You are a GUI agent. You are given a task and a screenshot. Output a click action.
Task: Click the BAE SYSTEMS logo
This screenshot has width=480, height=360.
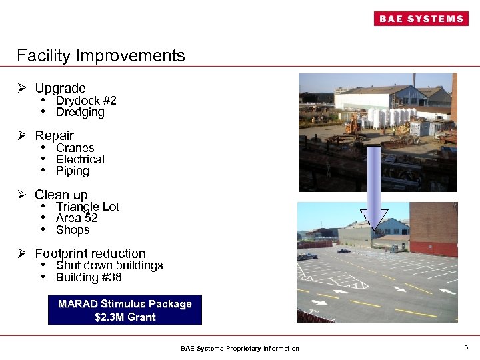click(x=421, y=19)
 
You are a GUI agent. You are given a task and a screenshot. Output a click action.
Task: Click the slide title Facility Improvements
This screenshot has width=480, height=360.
click(x=101, y=55)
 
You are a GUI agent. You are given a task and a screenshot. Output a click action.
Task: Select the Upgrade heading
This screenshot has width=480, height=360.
click(x=60, y=88)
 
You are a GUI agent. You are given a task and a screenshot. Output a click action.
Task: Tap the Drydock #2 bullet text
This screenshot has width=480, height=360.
click(x=86, y=101)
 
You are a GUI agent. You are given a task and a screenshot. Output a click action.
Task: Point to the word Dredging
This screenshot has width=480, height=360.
click(x=80, y=112)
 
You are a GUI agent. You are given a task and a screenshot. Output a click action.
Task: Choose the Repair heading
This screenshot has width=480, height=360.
click(x=54, y=135)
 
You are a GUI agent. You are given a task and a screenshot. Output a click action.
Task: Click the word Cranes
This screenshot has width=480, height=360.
click(x=75, y=148)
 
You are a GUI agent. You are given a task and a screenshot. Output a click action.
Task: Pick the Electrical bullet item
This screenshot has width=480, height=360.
click(x=80, y=159)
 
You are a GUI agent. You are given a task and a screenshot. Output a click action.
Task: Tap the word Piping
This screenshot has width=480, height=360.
click(x=72, y=171)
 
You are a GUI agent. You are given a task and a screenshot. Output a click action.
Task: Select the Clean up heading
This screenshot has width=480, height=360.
click(x=61, y=195)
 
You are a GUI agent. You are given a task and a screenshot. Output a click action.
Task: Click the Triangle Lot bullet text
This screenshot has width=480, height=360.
click(x=87, y=207)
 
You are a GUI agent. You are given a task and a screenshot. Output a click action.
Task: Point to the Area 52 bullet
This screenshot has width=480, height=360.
click(x=77, y=218)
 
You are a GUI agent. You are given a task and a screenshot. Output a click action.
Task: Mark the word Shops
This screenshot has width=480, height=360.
click(x=73, y=230)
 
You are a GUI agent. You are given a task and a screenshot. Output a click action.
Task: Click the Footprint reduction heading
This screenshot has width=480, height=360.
click(x=90, y=253)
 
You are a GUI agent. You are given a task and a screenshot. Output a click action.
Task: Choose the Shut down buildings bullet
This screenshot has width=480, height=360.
click(x=109, y=265)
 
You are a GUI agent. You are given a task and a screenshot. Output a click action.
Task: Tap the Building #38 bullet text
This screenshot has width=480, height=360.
click(x=89, y=277)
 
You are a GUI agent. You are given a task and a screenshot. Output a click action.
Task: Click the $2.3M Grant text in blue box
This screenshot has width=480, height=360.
click(x=125, y=317)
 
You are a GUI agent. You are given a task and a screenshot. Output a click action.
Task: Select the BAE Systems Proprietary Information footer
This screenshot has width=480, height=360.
click(x=240, y=348)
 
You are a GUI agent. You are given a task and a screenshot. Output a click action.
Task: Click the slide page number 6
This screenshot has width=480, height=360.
click(x=466, y=347)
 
